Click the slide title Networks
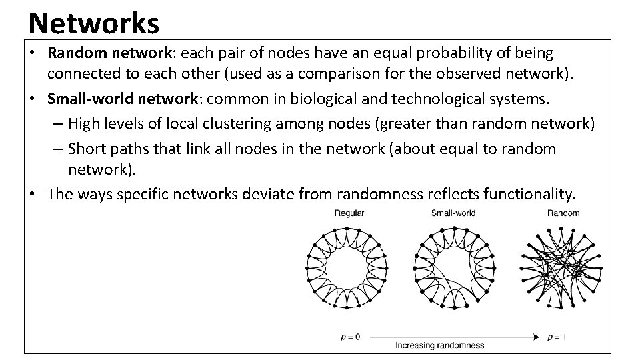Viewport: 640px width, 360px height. pyautogui.click(x=94, y=23)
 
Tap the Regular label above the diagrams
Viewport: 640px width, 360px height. pyautogui.click(x=350, y=213)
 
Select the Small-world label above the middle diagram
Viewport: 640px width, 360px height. pyautogui.click(x=453, y=213)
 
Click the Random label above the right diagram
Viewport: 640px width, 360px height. pyautogui.click(x=563, y=213)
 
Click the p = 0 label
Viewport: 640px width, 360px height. pyautogui.click(x=350, y=337)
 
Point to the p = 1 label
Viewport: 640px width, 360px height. pyautogui.click(x=557, y=337)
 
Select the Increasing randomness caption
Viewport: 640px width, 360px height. pyautogui.click(x=440, y=345)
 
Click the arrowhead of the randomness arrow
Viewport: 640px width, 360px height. pyautogui.click(x=537, y=337)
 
